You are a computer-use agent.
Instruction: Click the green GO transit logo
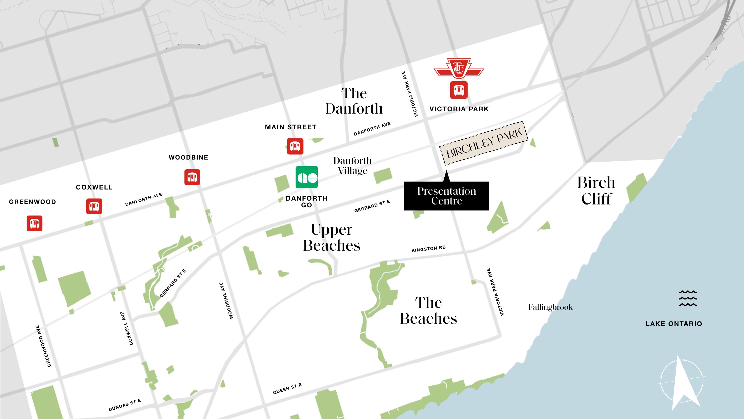306,177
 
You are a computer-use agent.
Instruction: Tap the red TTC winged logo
459,68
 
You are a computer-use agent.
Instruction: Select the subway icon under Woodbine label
192,177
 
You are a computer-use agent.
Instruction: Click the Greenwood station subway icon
34,223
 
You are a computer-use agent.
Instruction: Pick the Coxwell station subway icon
94,206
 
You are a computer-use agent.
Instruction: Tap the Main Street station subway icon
295,146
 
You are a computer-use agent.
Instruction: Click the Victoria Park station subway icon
459,90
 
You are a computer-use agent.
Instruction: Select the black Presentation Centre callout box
446,196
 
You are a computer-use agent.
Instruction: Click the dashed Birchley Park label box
484,143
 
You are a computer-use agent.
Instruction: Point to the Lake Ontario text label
673,324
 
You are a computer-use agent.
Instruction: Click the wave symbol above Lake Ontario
687,298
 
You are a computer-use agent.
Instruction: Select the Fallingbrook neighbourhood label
550,307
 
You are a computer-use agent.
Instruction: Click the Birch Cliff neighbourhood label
596,191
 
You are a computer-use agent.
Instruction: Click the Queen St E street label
287,389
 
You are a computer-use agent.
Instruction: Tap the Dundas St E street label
125,405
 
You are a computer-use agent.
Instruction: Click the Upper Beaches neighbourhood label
331,238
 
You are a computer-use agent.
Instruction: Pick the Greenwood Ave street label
43,346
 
